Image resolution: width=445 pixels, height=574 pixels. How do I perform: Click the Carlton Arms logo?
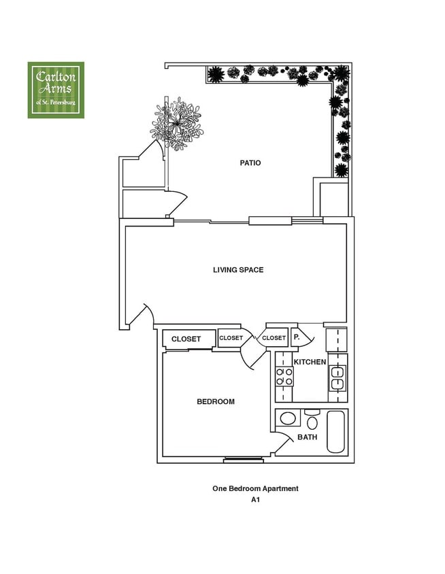(56, 90)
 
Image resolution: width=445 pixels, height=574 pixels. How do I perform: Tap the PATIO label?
(250, 163)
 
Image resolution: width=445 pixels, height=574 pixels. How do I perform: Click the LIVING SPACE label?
(238, 270)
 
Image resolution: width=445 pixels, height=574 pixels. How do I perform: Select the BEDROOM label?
(216, 401)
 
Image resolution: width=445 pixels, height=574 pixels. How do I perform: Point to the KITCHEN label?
(310, 362)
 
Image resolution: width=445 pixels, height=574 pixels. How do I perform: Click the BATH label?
(307, 437)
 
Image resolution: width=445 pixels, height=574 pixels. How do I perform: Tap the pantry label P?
(297, 337)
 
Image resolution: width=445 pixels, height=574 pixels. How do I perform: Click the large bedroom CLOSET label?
(186, 339)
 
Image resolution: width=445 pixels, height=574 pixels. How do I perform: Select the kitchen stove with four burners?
(284, 377)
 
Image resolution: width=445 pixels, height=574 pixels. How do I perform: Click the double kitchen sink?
(337, 378)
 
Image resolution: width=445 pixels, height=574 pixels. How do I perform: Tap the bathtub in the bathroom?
(337, 431)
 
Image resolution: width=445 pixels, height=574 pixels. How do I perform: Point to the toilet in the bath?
(312, 420)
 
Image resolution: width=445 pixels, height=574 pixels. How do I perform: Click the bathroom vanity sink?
(288, 418)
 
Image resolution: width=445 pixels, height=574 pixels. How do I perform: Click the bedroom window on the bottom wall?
(244, 460)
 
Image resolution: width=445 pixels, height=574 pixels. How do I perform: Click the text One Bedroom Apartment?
(255, 488)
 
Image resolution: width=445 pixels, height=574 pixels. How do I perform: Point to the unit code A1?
(255, 500)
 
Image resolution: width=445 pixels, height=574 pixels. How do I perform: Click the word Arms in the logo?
(56, 89)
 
